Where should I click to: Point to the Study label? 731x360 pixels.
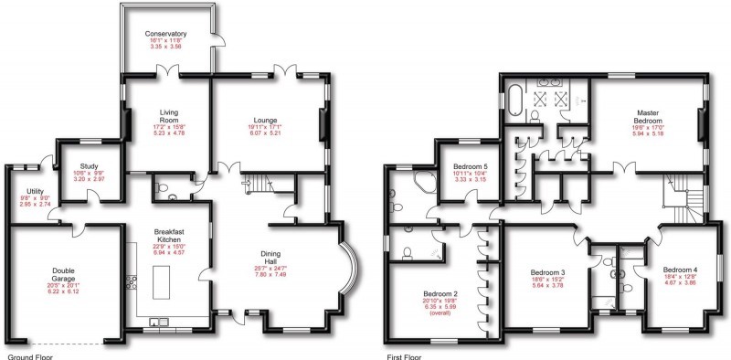tap(90, 166)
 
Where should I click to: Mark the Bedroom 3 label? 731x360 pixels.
tap(549, 271)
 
